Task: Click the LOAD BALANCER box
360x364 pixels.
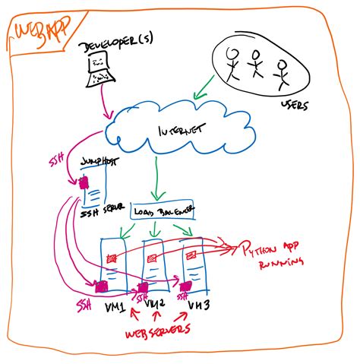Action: [x=163, y=210]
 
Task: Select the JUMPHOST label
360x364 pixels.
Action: [x=96, y=161]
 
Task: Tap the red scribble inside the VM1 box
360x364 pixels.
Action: [x=111, y=259]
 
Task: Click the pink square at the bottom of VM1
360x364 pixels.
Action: [x=101, y=286]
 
